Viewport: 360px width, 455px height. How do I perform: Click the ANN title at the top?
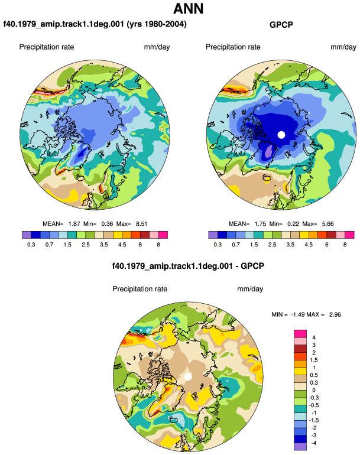pyautogui.click(x=188, y=8)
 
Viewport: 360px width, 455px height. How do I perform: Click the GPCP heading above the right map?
pyautogui.click(x=281, y=25)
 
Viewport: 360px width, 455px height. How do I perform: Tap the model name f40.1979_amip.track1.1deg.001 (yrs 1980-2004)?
pyautogui.click(x=95, y=24)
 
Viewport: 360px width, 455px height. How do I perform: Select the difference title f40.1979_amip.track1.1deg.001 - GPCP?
pyautogui.click(x=188, y=266)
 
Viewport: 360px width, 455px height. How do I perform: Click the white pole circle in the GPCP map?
pyautogui.click(x=281, y=135)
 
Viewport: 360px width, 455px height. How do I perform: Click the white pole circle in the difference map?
pyautogui.click(x=188, y=376)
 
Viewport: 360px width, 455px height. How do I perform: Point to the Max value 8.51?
pyautogui.click(x=141, y=224)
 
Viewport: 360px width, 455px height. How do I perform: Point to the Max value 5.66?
pyautogui.click(x=327, y=224)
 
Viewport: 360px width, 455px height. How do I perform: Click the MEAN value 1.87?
pyautogui.click(x=74, y=224)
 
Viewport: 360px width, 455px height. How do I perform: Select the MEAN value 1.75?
pyautogui.click(x=260, y=224)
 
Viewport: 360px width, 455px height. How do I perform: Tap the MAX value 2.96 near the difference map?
pyautogui.click(x=335, y=314)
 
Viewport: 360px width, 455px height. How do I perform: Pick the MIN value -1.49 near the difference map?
pyautogui.click(x=297, y=314)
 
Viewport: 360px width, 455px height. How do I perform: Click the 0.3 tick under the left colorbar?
pyautogui.click(x=31, y=245)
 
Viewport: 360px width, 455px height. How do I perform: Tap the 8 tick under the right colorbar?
pyautogui.click(x=345, y=245)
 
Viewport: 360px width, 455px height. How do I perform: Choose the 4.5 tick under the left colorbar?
pyautogui.click(x=122, y=245)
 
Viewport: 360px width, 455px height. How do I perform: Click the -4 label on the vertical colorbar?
pyautogui.click(x=313, y=443)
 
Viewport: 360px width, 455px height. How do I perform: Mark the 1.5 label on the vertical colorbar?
pyautogui.click(x=314, y=360)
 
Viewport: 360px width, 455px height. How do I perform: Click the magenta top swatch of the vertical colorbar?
pyautogui.click(x=300, y=333)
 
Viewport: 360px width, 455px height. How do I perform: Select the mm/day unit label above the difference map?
pyautogui.click(x=250, y=289)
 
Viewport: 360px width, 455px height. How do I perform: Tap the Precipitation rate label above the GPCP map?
pyautogui.click(x=233, y=47)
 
